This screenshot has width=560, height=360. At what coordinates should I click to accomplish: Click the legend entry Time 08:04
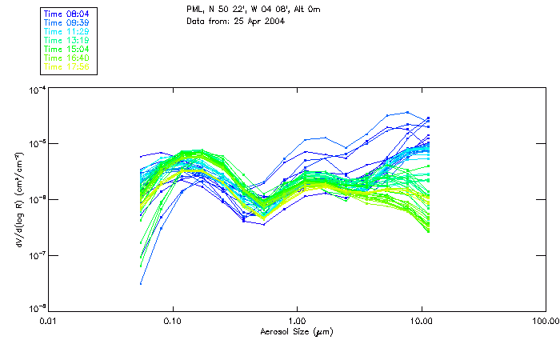pyautogui.click(x=66, y=14)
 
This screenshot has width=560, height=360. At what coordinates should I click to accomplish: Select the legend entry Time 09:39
pyautogui.click(x=66, y=22)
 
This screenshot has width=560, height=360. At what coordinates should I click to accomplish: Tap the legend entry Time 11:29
pyautogui.click(x=66, y=31)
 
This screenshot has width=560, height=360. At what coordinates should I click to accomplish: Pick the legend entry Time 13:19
pyautogui.click(x=66, y=40)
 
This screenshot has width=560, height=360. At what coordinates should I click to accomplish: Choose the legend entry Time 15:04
pyautogui.click(x=66, y=49)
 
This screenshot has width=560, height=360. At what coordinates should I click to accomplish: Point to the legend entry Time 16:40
pyautogui.click(x=66, y=58)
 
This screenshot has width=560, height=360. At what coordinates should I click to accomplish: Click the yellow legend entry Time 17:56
pyautogui.click(x=66, y=66)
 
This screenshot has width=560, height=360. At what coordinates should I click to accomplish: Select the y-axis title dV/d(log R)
pyautogui.click(x=17, y=198)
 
